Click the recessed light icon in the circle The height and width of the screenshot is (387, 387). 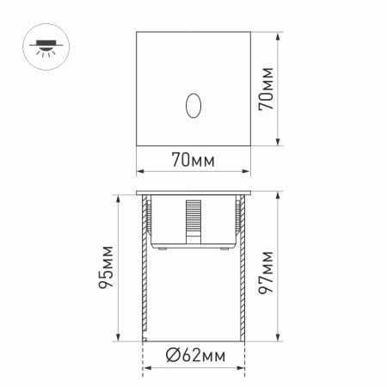pyautogui.click(x=40, y=44)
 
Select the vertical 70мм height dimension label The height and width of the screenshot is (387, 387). pyautogui.click(x=268, y=89)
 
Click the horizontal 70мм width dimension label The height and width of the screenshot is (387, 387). pyautogui.click(x=193, y=160)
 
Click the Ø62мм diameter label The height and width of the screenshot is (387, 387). pyautogui.click(x=193, y=355)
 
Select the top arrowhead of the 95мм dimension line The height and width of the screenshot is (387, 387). pyautogui.click(x=116, y=197)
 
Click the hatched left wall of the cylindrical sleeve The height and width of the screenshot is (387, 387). pyautogui.click(x=143, y=275)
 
